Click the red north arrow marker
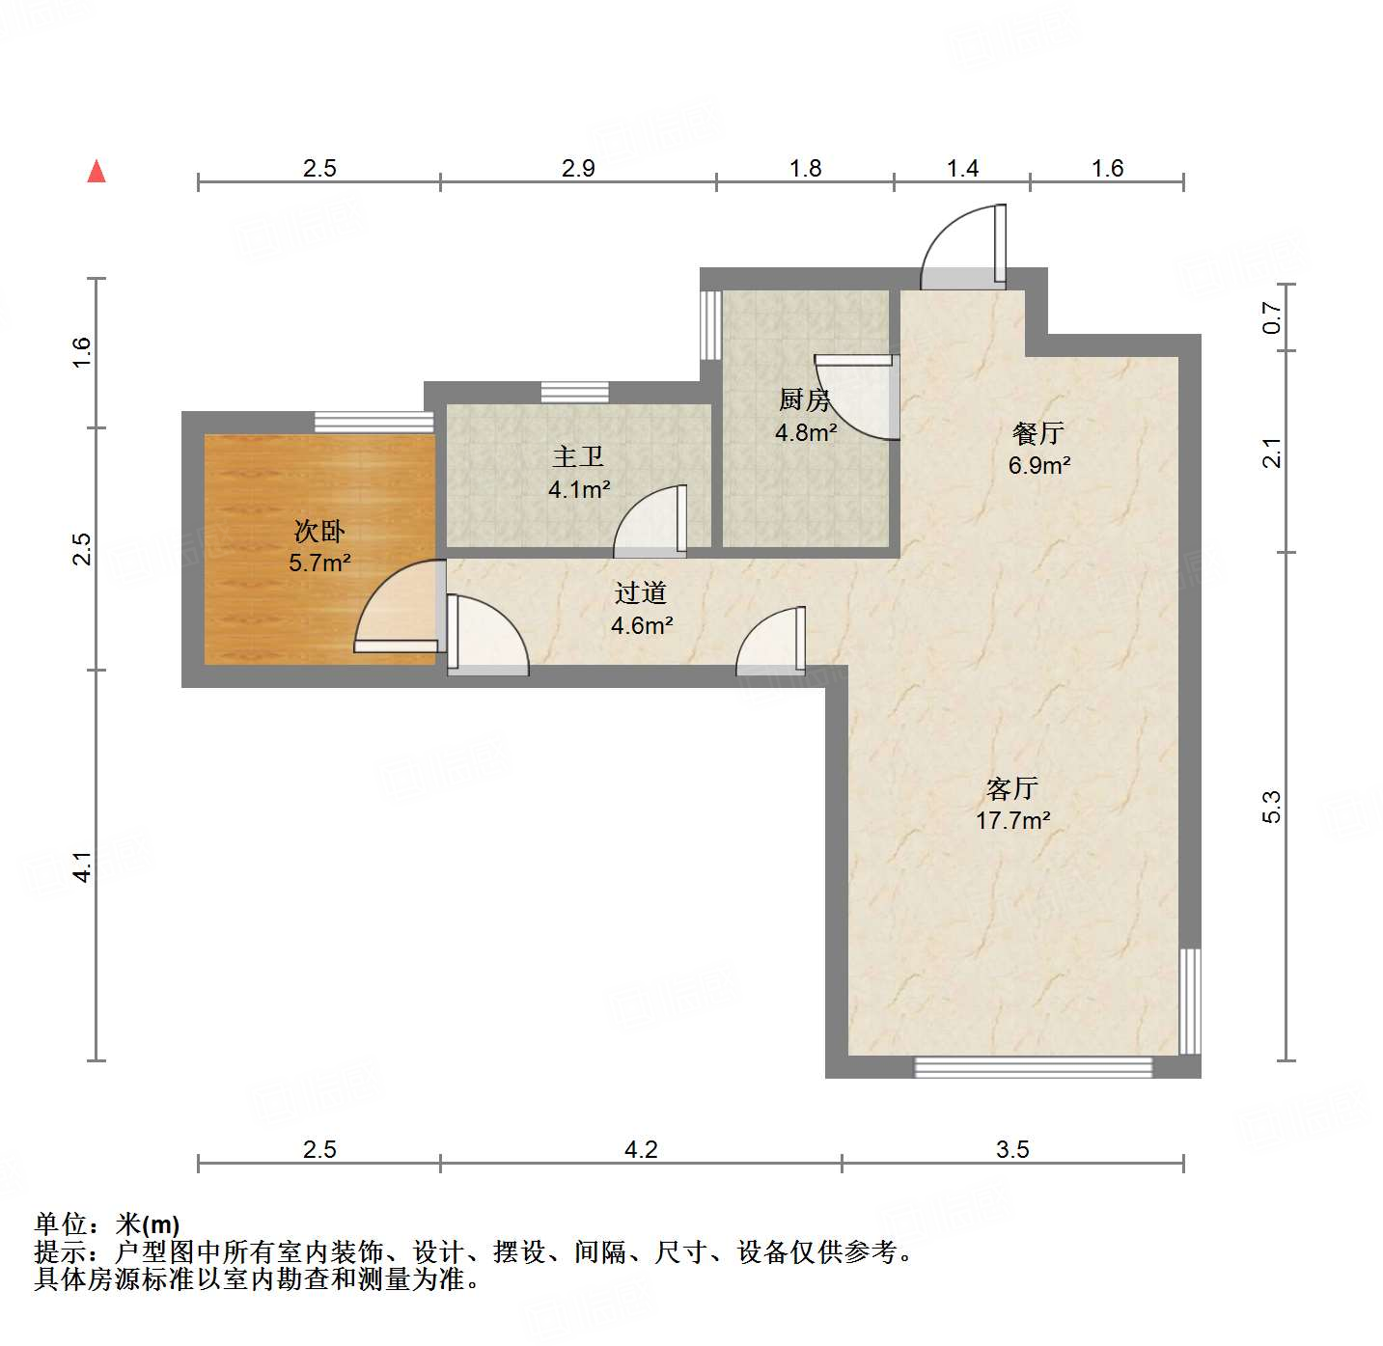[x=97, y=172]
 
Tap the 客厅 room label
[x=1011, y=788]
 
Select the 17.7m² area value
[x=1012, y=821]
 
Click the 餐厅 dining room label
[x=1038, y=433]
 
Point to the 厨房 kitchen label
[x=805, y=399]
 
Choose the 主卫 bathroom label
[x=578, y=456]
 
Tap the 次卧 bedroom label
[x=319, y=531]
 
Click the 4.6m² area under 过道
[x=642, y=626]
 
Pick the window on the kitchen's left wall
[x=710, y=324]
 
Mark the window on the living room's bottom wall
[x=1033, y=1067]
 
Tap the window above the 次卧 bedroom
[x=373, y=422]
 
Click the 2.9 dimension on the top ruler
[x=578, y=169]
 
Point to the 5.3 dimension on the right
[x=1272, y=807]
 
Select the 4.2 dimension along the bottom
[x=641, y=1149]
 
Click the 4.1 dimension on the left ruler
[x=83, y=865]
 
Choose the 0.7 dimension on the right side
[x=1272, y=318]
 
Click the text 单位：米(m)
[x=107, y=1224]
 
